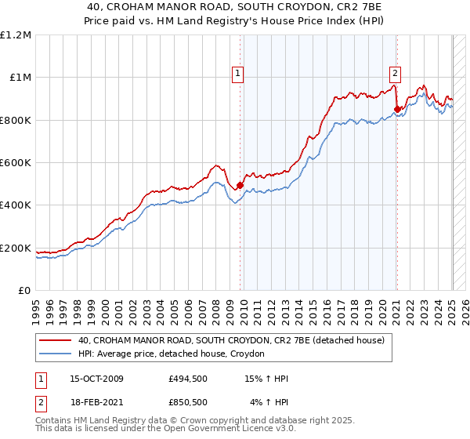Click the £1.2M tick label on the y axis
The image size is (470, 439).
(16, 35)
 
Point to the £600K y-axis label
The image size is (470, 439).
(16, 163)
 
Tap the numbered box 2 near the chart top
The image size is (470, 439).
(395, 74)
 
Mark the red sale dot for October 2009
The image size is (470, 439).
(240, 186)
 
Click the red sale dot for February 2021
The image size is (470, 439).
(397, 109)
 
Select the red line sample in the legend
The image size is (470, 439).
(54, 341)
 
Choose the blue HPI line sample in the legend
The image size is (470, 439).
(54, 354)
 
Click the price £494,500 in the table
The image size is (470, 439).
(188, 379)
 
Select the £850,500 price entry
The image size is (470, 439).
(188, 402)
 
